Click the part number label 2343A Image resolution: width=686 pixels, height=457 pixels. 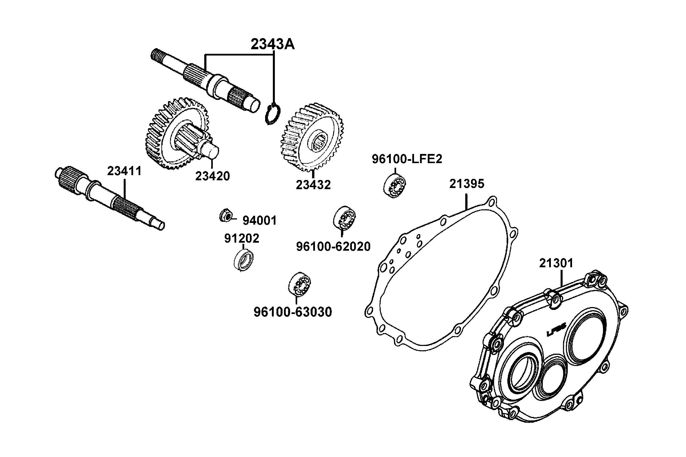coord(273,45)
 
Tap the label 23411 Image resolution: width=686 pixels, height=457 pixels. coord(124,171)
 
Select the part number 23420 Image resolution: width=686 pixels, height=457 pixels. coord(212,176)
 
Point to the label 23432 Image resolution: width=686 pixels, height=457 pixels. coord(313,185)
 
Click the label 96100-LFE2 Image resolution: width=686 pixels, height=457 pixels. coord(407,159)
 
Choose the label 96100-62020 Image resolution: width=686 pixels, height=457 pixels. coord(333,247)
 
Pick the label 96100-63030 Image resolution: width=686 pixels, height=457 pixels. coord(293,312)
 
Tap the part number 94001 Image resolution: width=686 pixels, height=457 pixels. coord(259,221)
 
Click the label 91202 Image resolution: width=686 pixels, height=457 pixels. coord(241,239)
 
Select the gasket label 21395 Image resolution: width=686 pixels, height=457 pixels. coord(466,184)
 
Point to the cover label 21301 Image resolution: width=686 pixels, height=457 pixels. coord(556,263)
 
